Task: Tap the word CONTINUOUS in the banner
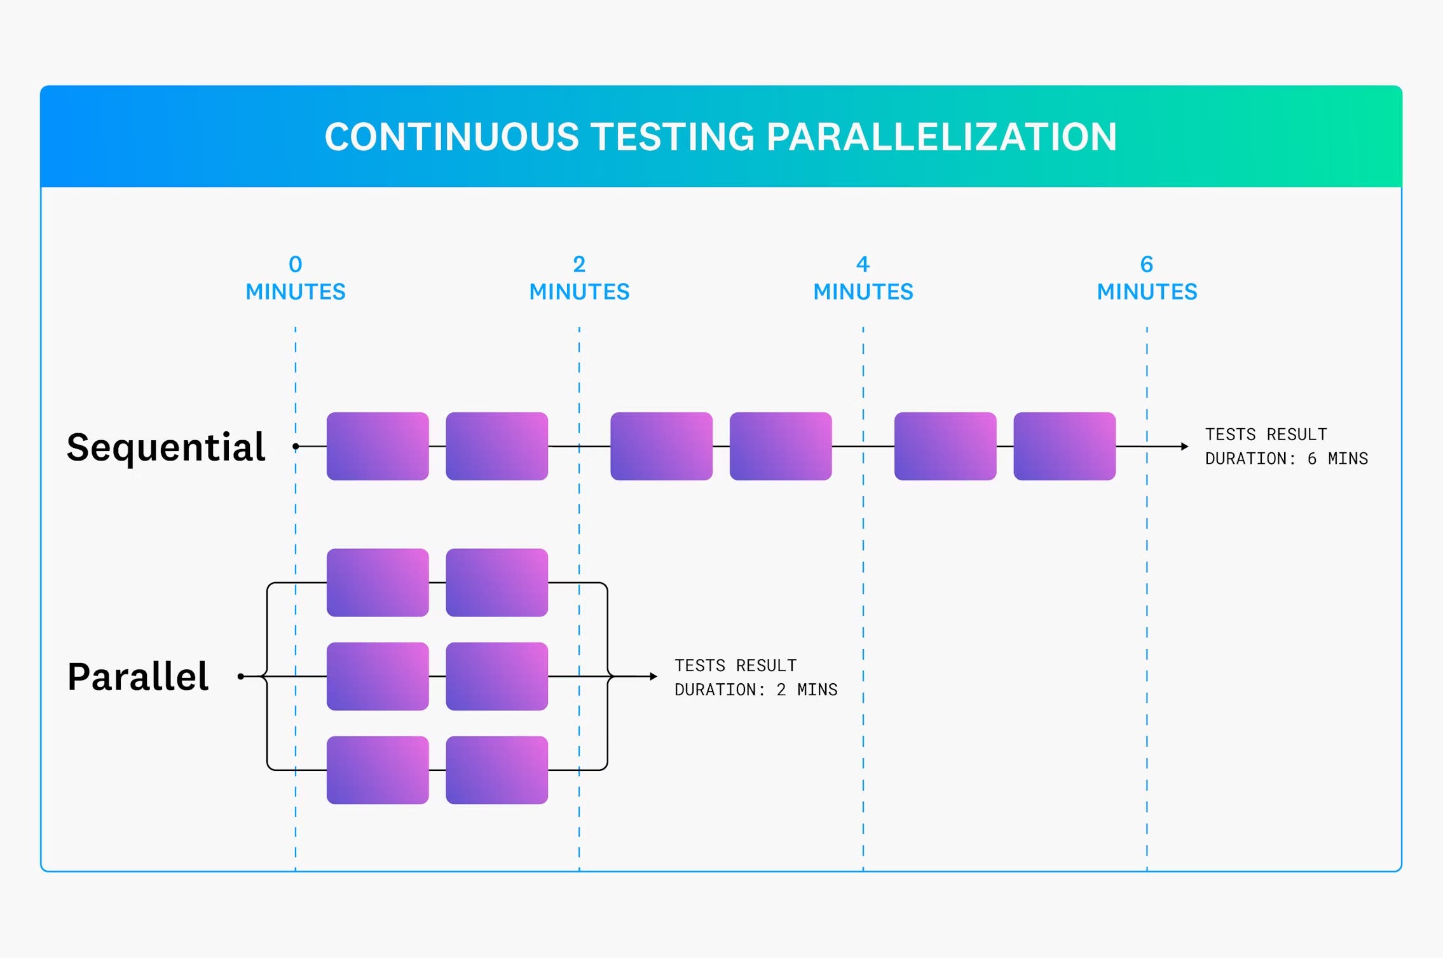pyautogui.click(x=451, y=137)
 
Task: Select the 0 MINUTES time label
pyautogui.click(x=296, y=278)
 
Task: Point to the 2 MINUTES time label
pyautogui.click(x=579, y=278)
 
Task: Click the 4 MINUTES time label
pyautogui.click(x=863, y=278)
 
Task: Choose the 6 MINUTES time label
pyautogui.click(x=1147, y=278)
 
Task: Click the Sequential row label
pyautogui.click(x=165, y=447)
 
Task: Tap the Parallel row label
pyautogui.click(x=138, y=676)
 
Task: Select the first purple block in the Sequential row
pyautogui.click(x=378, y=446)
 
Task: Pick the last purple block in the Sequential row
pyautogui.click(x=1064, y=446)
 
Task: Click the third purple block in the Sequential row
pyautogui.click(x=661, y=446)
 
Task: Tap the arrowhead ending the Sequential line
pyautogui.click(x=1184, y=447)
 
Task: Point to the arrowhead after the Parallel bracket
pyautogui.click(x=653, y=676)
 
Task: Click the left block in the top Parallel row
pyautogui.click(x=378, y=582)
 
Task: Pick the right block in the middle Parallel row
pyautogui.click(x=496, y=676)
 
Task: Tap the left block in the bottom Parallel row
pyautogui.click(x=378, y=770)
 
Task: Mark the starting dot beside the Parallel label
pyautogui.click(x=241, y=676)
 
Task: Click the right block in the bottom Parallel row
pyautogui.click(x=496, y=770)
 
